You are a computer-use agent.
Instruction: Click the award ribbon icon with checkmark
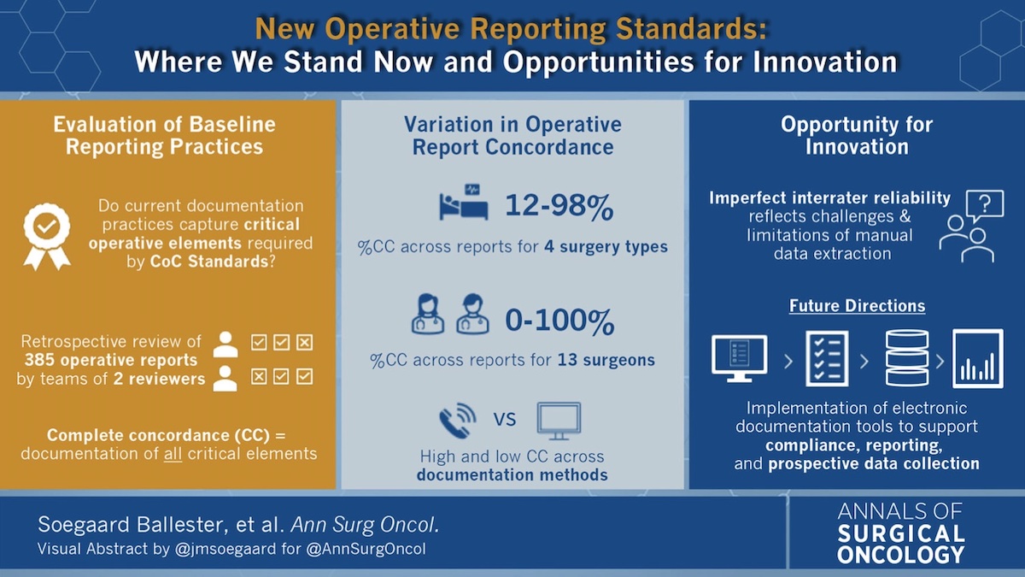pyautogui.click(x=47, y=236)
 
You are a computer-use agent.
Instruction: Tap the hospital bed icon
pyautogui.click(x=464, y=202)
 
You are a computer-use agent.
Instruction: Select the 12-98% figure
pyautogui.click(x=559, y=206)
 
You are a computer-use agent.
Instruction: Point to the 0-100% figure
pyautogui.click(x=559, y=321)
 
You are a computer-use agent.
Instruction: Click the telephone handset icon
pyautogui.click(x=458, y=421)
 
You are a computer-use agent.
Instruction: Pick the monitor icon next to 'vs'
pyautogui.click(x=559, y=421)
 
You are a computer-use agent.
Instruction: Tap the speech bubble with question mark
pyautogui.click(x=985, y=205)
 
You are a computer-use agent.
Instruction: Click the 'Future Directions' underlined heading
pyautogui.click(x=857, y=305)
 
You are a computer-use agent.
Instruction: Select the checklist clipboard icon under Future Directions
pyautogui.click(x=827, y=359)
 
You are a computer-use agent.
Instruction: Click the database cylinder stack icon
pyautogui.click(x=907, y=358)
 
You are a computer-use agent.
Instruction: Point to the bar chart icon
pyautogui.click(x=978, y=358)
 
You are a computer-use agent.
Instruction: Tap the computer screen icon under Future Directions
pyautogui.click(x=740, y=358)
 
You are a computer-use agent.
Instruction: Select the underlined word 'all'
pyautogui.click(x=173, y=454)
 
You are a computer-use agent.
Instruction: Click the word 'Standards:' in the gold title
pyautogui.click(x=691, y=28)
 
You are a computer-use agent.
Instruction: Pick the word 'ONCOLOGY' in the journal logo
pyautogui.click(x=901, y=555)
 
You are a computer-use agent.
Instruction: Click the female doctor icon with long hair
pyautogui.click(x=427, y=314)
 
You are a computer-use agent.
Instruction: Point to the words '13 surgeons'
pyautogui.click(x=606, y=360)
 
